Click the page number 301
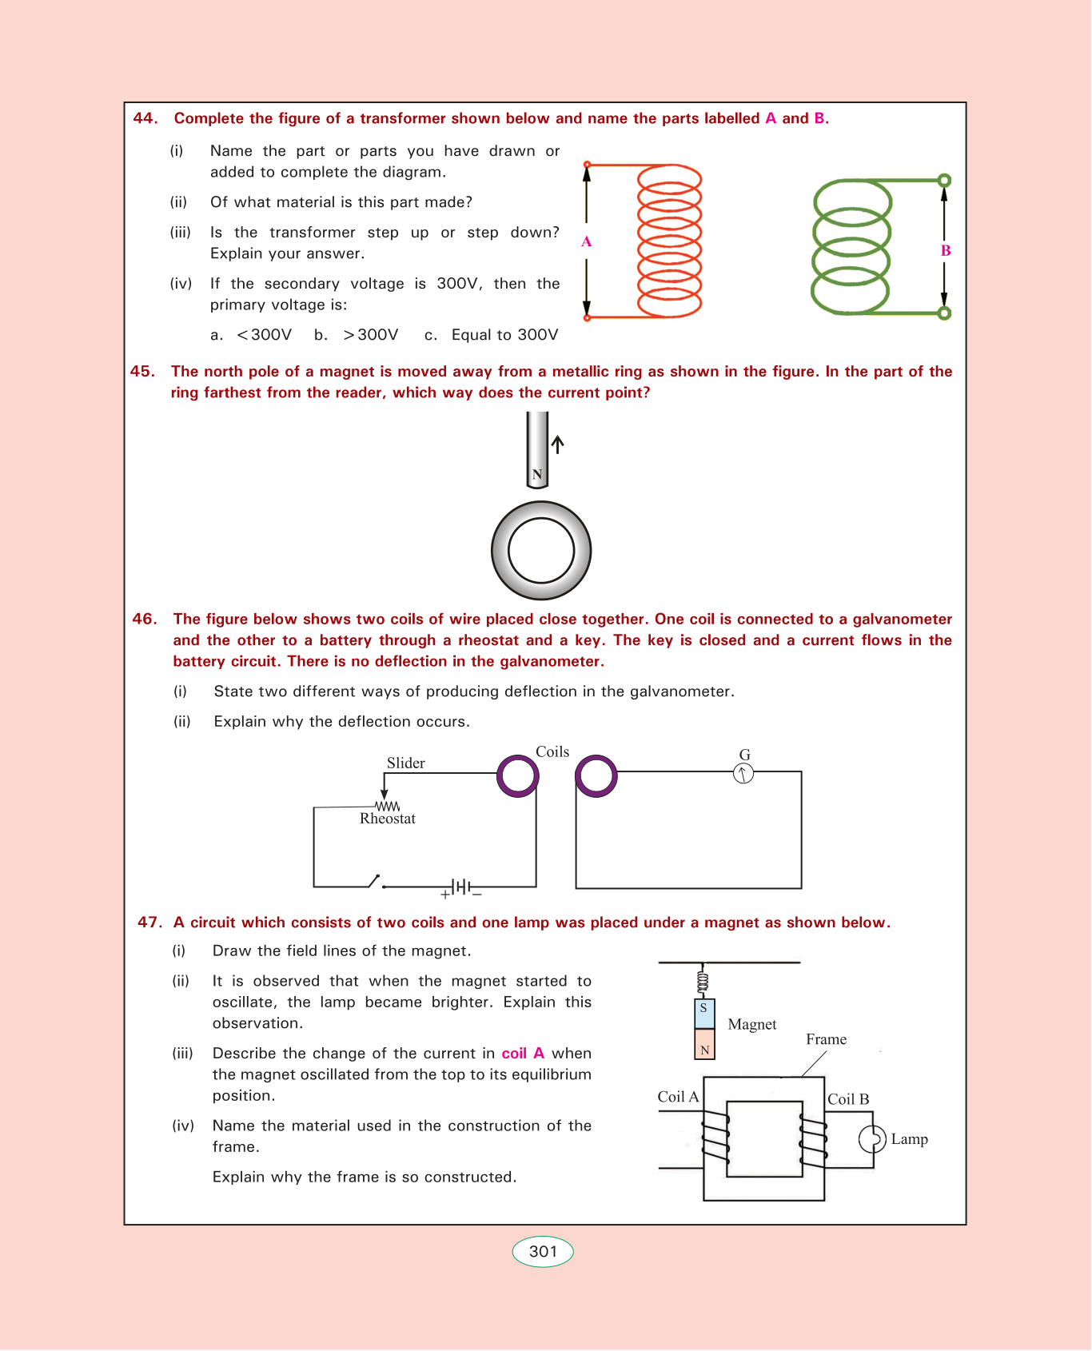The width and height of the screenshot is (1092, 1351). click(543, 1252)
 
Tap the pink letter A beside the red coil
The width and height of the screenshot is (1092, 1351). click(586, 241)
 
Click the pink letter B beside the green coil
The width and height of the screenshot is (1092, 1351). click(946, 250)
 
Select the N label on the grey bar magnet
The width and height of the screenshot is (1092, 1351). click(537, 475)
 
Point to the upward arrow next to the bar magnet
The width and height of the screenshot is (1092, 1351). click(558, 444)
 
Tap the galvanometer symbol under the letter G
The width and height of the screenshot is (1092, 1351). click(743, 773)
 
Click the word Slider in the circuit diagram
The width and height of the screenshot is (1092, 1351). click(405, 763)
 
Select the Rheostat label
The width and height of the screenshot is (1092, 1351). click(388, 819)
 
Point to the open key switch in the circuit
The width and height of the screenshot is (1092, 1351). click(374, 882)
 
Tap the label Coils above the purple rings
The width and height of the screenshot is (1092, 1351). click(552, 751)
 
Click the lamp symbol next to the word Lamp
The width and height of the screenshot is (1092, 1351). click(872, 1139)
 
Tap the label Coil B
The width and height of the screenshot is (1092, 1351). click(848, 1099)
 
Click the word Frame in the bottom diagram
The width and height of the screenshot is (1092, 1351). click(826, 1039)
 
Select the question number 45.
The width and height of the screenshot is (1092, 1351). click(142, 372)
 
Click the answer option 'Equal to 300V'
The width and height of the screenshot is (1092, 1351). click(504, 335)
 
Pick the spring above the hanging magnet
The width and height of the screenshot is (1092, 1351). click(703, 982)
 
